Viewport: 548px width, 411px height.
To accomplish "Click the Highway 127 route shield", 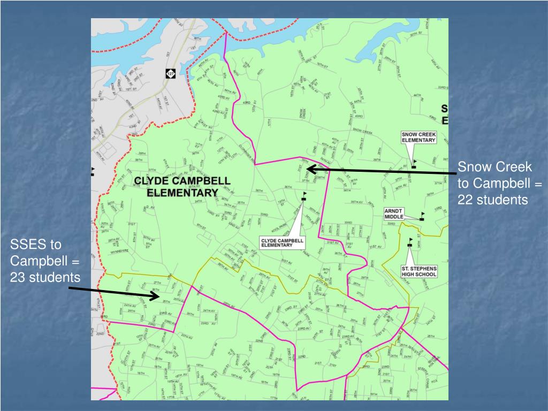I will tap(170, 73).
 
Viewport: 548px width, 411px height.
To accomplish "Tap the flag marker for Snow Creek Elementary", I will tap(414, 164).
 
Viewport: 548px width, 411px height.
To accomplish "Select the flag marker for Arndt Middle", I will tap(422, 217).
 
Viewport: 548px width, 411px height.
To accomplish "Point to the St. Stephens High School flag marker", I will tap(410, 242).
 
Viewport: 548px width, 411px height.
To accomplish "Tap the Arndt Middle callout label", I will tap(395, 214).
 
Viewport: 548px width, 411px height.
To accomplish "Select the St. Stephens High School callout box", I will tap(419, 271).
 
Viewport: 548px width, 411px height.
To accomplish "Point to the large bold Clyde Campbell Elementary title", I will tap(182, 186).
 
